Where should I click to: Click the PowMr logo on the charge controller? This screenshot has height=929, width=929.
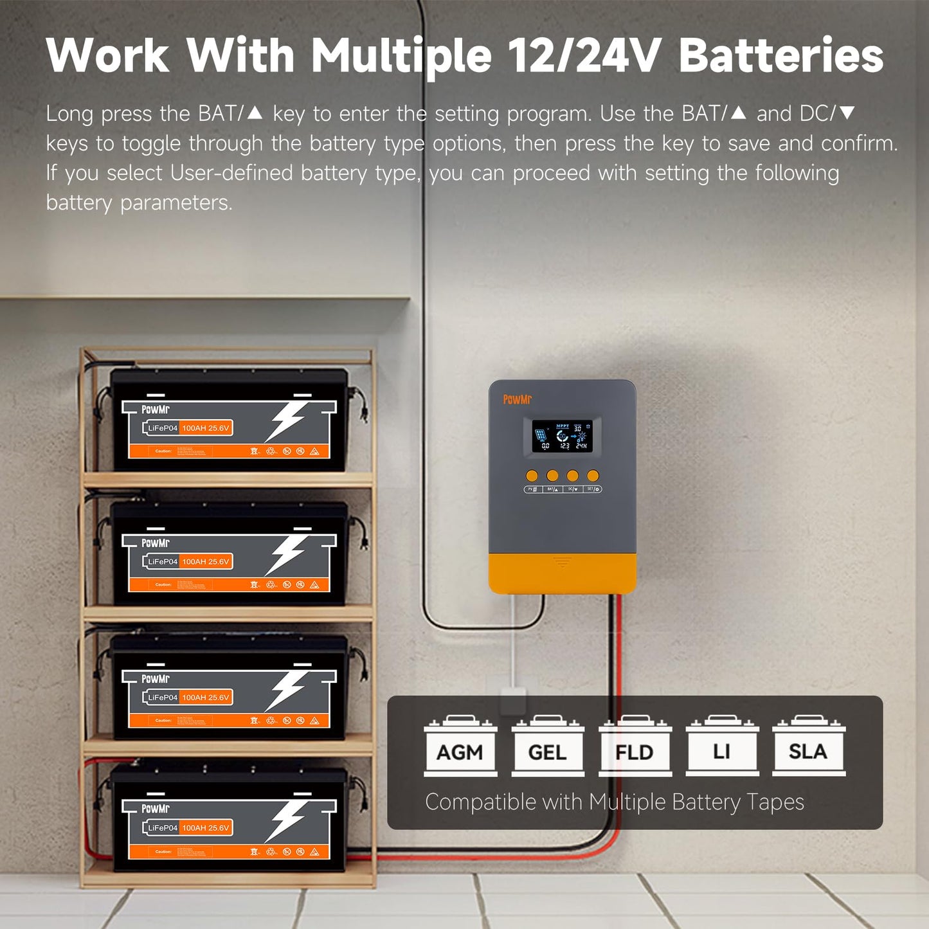pos(517,400)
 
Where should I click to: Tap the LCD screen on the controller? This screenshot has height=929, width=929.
pos(563,436)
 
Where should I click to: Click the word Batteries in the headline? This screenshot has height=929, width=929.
pos(780,56)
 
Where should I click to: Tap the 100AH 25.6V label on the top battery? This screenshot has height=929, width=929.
pos(206,428)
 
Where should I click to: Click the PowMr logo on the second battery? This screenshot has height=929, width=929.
pos(156,543)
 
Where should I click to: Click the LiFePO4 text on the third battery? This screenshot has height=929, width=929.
pos(163,698)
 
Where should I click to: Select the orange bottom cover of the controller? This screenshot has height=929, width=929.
pos(563,573)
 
